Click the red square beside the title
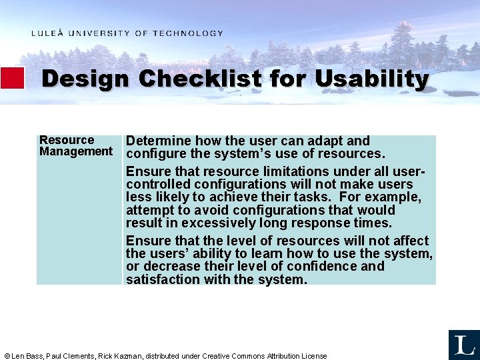pos(12,78)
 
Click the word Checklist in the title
pos(200,79)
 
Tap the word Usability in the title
pos(371,79)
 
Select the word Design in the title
pos(85,79)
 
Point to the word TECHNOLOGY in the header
pos(188,33)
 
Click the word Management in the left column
pos(76,151)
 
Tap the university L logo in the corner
pos(463,345)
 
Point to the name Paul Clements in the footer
pos(71,356)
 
